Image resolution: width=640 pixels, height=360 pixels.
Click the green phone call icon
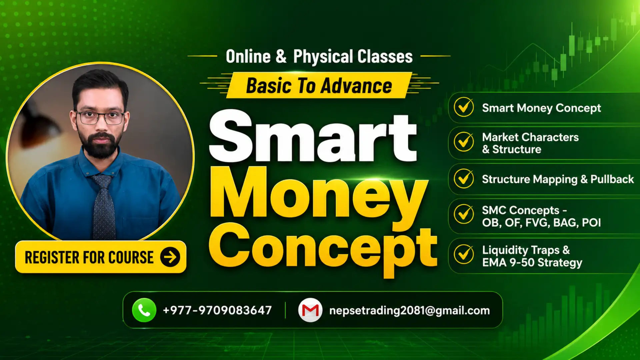coord(144,310)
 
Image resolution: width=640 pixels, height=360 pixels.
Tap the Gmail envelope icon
coord(310,310)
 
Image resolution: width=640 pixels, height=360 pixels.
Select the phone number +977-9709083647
coord(217,310)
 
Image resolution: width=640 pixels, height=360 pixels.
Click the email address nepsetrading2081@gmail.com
coord(410,311)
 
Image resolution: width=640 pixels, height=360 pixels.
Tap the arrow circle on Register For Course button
coord(170,257)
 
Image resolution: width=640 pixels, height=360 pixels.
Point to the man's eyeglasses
coord(100,118)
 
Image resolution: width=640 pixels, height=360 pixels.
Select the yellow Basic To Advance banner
coord(319,85)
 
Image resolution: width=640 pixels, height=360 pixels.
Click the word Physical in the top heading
coord(323,57)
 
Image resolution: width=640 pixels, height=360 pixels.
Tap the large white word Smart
coord(313,136)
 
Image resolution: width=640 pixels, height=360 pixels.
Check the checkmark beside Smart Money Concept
coord(464,107)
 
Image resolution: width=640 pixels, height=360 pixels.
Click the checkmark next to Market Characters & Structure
coord(464,142)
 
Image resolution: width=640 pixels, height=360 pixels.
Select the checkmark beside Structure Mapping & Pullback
coord(464,178)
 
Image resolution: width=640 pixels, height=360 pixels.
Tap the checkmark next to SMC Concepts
coord(464,214)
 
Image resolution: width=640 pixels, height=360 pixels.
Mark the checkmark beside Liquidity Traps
coord(464,254)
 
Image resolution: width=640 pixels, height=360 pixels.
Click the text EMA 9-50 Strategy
coord(532,263)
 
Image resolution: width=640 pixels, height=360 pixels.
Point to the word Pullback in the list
coord(612,179)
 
